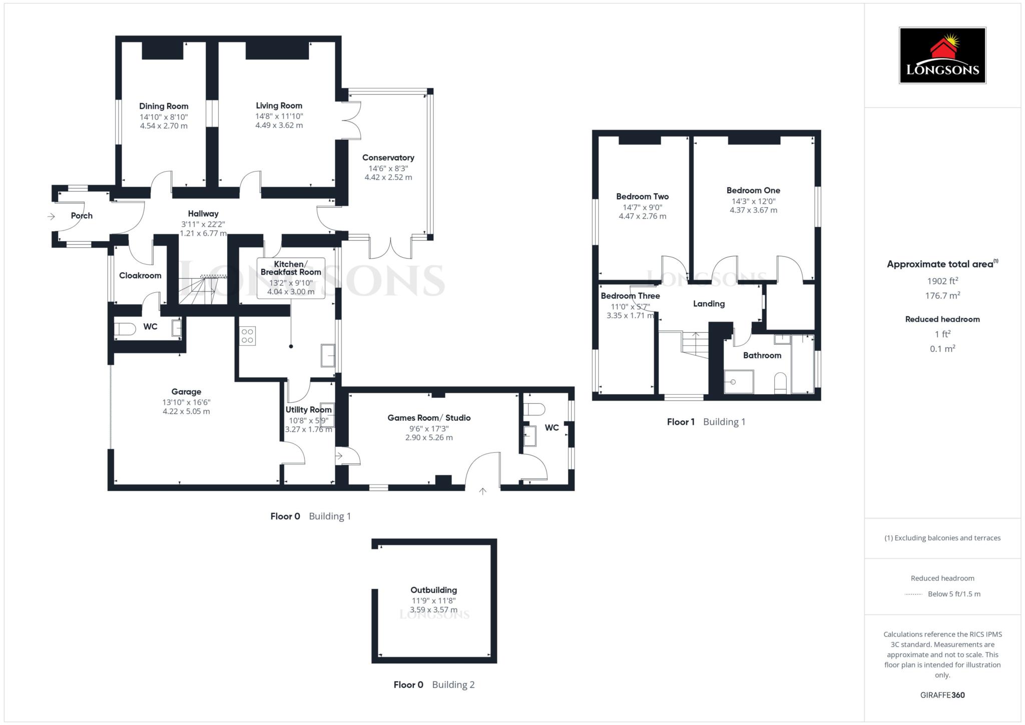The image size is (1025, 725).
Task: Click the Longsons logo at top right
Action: click(x=942, y=56)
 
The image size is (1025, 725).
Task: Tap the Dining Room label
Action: click(x=164, y=106)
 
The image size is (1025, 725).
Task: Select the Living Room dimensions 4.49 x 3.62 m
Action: click(x=279, y=125)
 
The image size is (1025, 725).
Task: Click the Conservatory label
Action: click(x=388, y=158)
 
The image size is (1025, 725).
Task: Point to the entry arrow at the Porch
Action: click(x=51, y=217)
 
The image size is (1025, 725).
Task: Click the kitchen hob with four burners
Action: click(x=247, y=336)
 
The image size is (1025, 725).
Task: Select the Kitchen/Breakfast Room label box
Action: click(x=291, y=278)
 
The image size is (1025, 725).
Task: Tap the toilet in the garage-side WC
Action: click(x=125, y=329)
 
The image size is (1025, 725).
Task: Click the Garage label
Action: click(x=186, y=392)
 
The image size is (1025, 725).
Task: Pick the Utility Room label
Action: click(x=308, y=410)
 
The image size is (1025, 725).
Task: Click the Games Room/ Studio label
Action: click(x=429, y=418)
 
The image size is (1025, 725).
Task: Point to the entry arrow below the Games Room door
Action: click(x=482, y=491)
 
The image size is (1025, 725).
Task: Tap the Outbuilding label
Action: click(x=433, y=590)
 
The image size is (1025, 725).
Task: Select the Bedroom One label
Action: click(x=753, y=190)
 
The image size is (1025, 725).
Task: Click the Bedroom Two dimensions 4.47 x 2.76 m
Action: click(x=642, y=216)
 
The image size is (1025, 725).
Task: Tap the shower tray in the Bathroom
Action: click(x=739, y=382)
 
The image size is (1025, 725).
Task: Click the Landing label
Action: click(x=709, y=304)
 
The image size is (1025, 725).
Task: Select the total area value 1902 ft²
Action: click(x=942, y=281)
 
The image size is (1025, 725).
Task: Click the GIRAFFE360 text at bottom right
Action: click(x=942, y=695)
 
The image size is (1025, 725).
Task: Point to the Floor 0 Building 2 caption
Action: click(x=434, y=684)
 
